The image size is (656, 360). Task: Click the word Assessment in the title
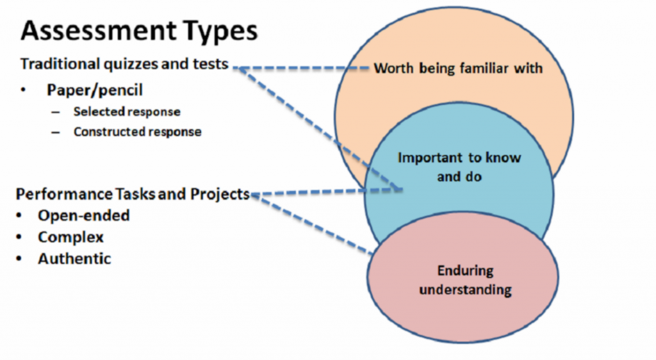[99, 31]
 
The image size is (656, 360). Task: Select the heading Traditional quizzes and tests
[124, 64]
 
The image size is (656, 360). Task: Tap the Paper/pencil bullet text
[95, 90]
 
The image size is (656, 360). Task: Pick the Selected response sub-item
[127, 111]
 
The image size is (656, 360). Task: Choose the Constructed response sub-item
[137, 132]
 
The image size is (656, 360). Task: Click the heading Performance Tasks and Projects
[133, 195]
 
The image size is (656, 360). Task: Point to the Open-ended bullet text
[84, 216]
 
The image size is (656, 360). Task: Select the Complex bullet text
[70, 238]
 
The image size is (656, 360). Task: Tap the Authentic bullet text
[74, 259]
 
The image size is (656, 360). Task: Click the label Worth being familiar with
[458, 68]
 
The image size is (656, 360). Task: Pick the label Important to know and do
[459, 167]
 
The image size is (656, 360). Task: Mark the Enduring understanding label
[465, 280]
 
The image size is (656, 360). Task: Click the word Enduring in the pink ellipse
[465, 271]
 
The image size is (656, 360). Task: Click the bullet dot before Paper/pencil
[24, 90]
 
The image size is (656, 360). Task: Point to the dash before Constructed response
[56, 133]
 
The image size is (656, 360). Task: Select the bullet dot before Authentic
[19, 259]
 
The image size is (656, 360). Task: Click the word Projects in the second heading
[220, 195]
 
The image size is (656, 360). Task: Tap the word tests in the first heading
[210, 65]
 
